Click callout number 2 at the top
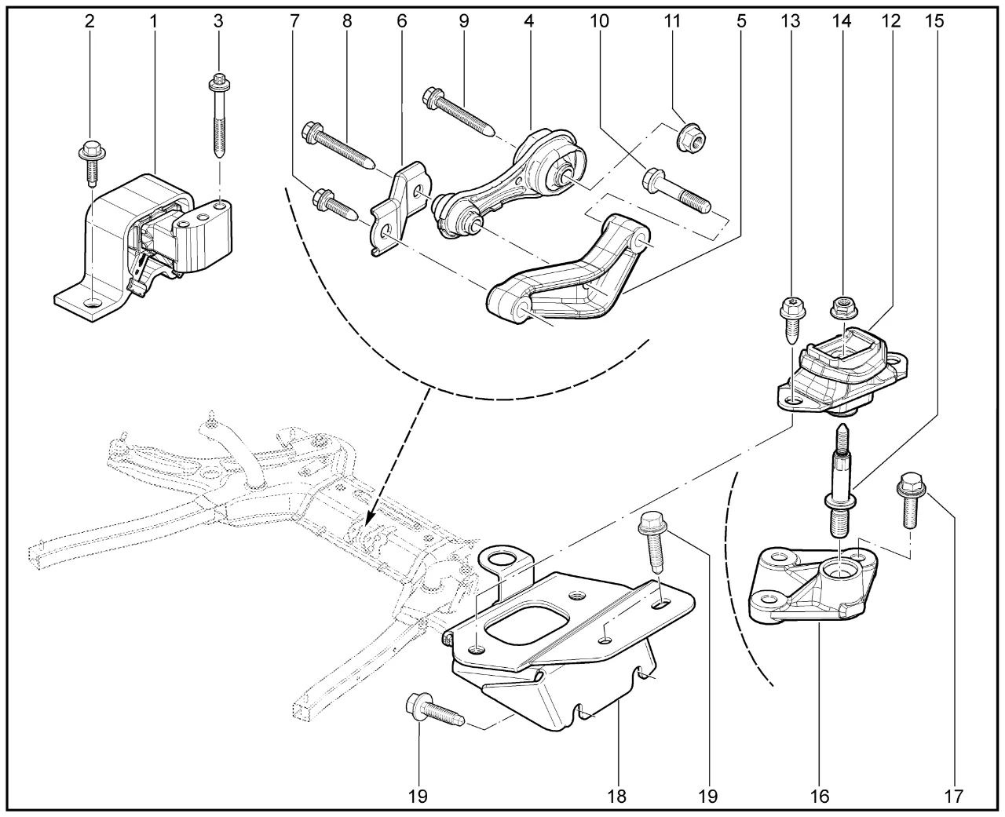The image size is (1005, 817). tap(90, 21)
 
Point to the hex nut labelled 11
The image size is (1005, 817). tap(689, 140)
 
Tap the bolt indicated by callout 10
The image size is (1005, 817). tap(675, 192)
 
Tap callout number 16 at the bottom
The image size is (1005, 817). tap(818, 797)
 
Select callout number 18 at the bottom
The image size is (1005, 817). tap(617, 797)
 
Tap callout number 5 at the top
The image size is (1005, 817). tap(740, 21)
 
